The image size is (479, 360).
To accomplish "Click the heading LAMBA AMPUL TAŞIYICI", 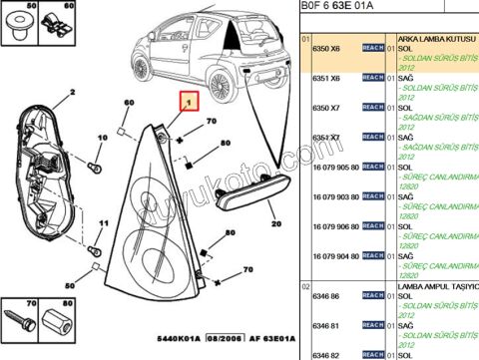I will (x=438, y=286).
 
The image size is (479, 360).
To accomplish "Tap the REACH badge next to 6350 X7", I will (x=371, y=107).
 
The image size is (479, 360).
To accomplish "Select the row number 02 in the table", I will (x=306, y=285).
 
